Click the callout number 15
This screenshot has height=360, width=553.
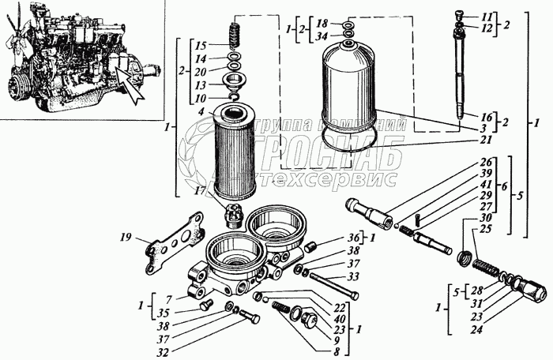coord(201,45)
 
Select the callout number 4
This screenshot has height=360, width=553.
coord(202,111)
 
